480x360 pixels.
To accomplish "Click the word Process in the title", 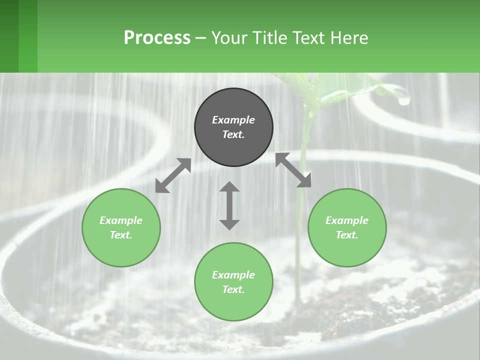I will pyautogui.click(x=157, y=38).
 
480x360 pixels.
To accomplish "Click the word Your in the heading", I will pyautogui.click(x=228, y=38).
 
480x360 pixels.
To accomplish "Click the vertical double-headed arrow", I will pyautogui.click(x=229, y=205).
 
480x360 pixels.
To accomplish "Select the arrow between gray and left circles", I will pyautogui.click(x=173, y=175).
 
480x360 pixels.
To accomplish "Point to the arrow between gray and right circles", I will pyautogui.click(x=293, y=170).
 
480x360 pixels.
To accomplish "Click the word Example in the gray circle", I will pyautogui.click(x=233, y=120).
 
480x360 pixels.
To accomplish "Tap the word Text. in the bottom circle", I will pyautogui.click(x=233, y=289).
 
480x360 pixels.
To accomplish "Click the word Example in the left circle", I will pyautogui.click(x=121, y=220).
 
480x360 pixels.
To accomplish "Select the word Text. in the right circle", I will pyautogui.click(x=347, y=235).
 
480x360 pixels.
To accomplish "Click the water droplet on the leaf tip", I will pyautogui.click(x=403, y=100).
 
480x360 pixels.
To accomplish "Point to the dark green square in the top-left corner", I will pyautogui.click(x=9, y=36).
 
